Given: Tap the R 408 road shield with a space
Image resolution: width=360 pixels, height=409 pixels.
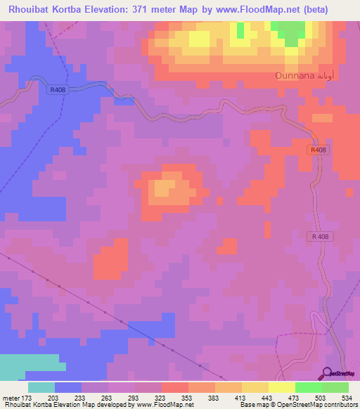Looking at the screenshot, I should pyautogui.click(x=320, y=237).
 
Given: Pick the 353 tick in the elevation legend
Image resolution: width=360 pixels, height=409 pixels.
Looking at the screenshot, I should pyautogui.click(x=188, y=397).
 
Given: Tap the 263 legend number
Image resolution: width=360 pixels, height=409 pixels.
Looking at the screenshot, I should pyautogui.click(x=108, y=397).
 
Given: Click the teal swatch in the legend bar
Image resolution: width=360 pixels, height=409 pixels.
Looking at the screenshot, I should pyautogui.click(x=41, y=387).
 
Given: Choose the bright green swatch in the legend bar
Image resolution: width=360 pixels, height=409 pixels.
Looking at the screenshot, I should pyautogui.click(x=309, y=387).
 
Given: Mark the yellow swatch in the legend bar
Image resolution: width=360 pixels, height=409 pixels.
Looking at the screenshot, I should pyautogui.click(x=282, y=387).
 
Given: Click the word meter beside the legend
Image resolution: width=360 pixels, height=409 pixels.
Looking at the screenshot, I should pyautogui.click(x=10, y=397).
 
